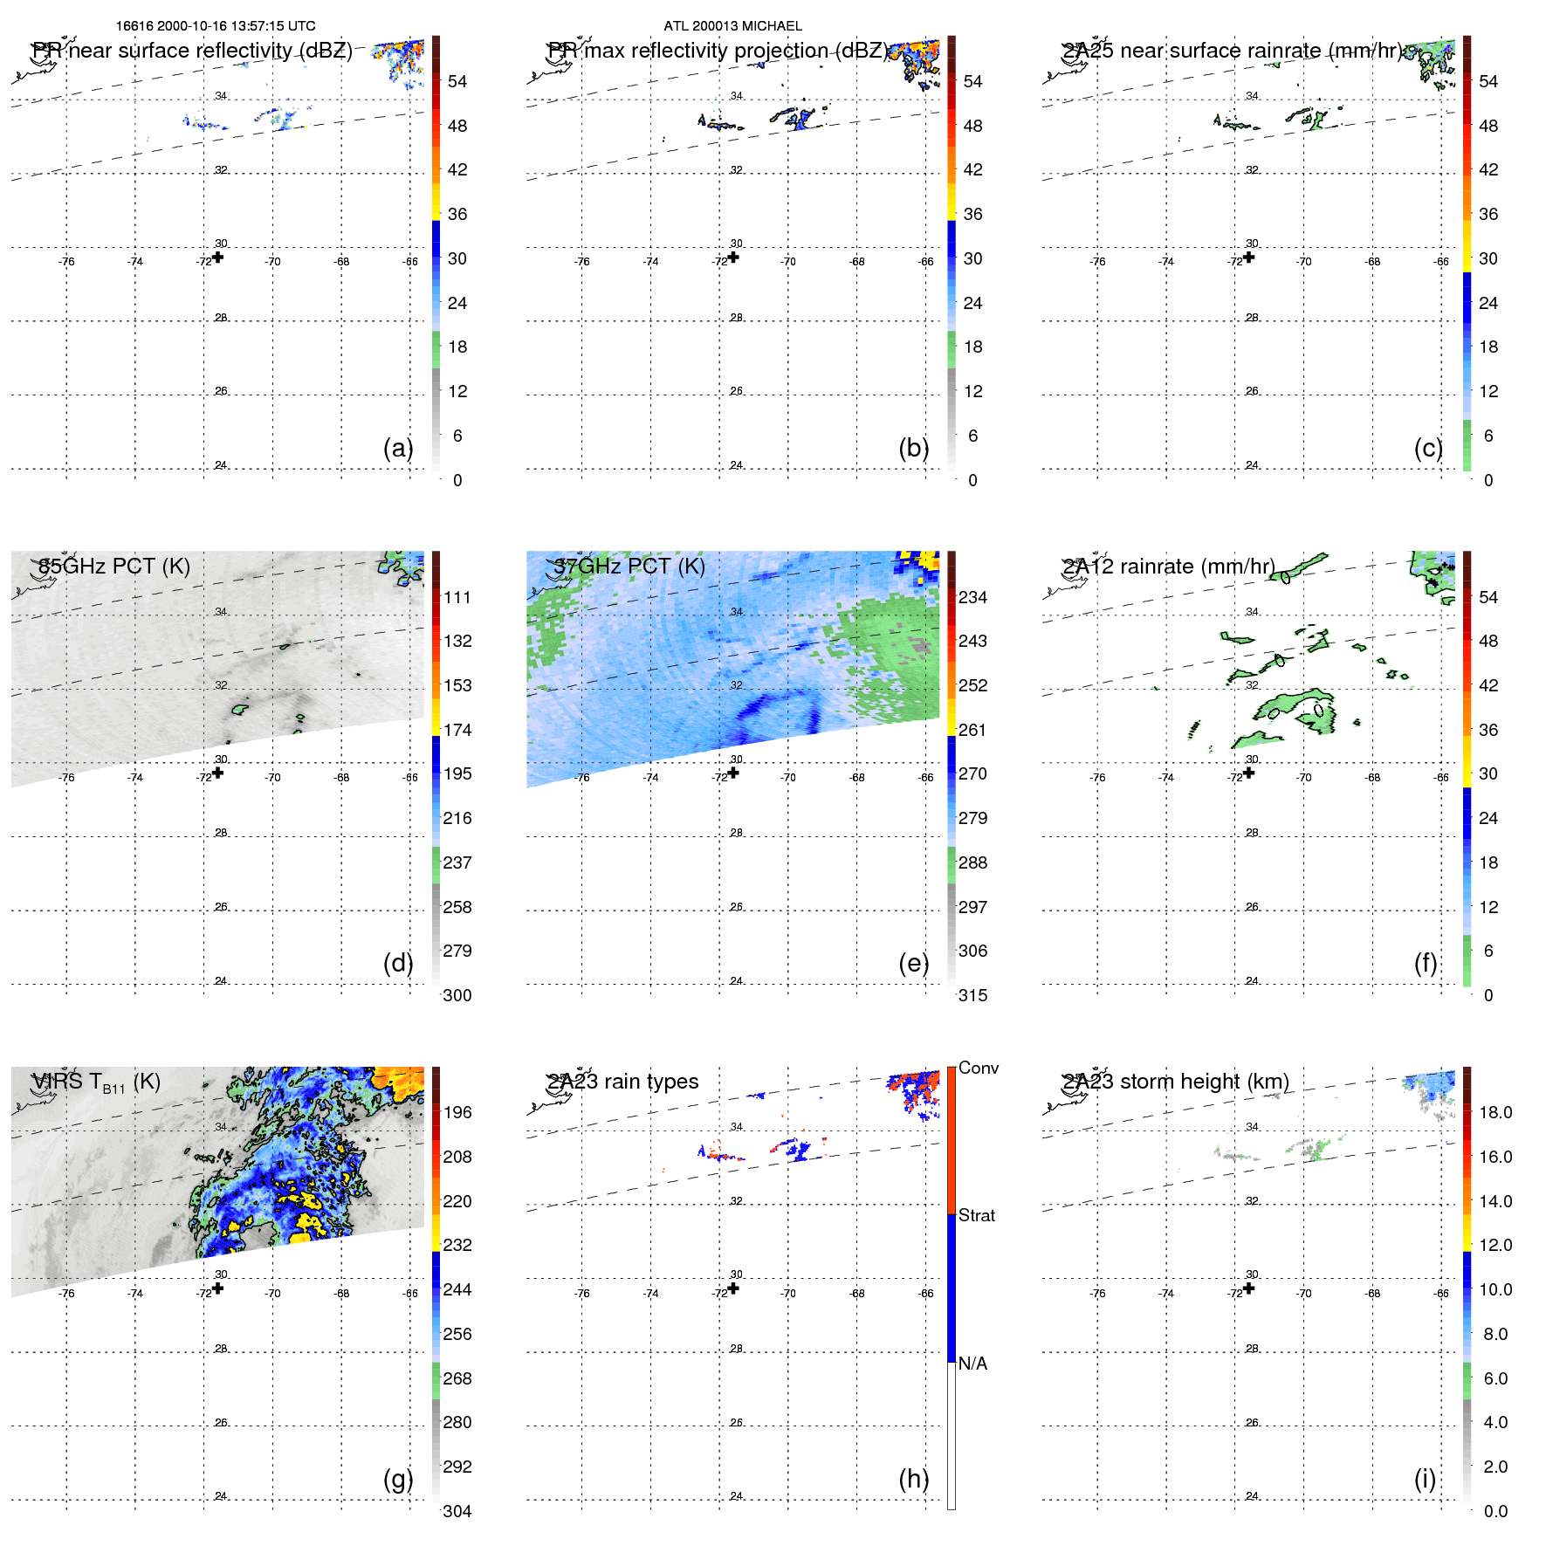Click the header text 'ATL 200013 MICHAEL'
pyautogui.click(x=732, y=26)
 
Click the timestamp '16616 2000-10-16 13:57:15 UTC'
pyautogui.click(x=216, y=26)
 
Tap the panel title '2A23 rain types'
pyautogui.click(x=622, y=1082)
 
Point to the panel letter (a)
pyautogui.click(x=398, y=448)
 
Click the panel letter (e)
pyautogui.click(x=914, y=963)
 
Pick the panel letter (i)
pyautogui.click(x=1425, y=1479)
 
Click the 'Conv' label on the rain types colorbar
pyautogui.click(x=979, y=1068)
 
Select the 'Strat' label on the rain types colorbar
pyautogui.click(x=977, y=1215)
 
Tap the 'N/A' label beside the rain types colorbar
pyautogui.click(x=972, y=1364)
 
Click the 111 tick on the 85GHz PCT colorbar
pyautogui.click(x=457, y=597)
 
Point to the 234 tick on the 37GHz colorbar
pyautogui.click(x=972, y=597)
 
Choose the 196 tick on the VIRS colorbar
pyautogui.click(x=457, y=1112)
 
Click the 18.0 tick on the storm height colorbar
pyautogui.click(x=1495, y=1112)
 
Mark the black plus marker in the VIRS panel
pyautogui.click(x=218, y=1288)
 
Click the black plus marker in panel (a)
pyautogui.click(x=218, y=257)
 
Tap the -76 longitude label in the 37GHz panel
pyautogui.click(x=582, y=778)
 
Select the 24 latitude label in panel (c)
pyautogui.click(x=1252, y=465)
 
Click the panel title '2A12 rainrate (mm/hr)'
pyautogui.click(x=1168, y=567)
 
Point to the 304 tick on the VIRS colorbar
pyautogui.click(x=457, y=1511)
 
